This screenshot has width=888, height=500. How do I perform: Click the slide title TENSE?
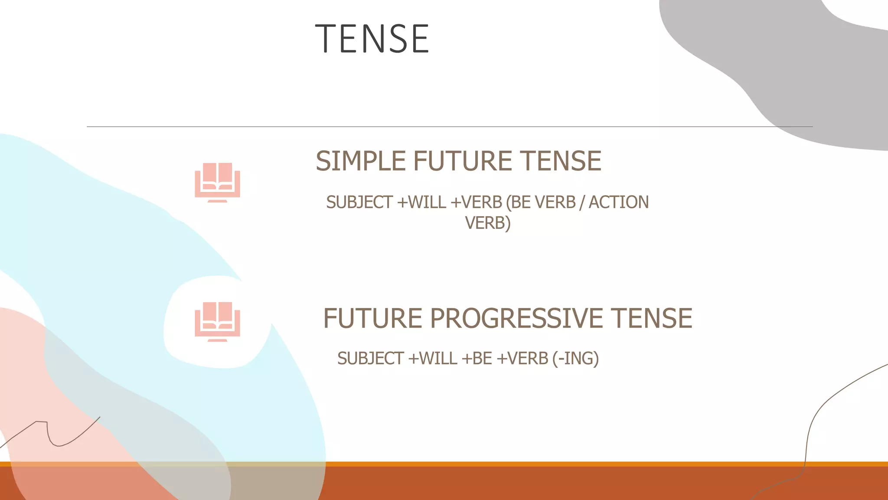coord(372,39)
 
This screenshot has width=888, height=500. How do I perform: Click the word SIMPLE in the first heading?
coord(361,161)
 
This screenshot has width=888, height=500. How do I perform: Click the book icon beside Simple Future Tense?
coord(217,182)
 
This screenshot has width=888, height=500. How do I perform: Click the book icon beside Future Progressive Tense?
coord(217,321)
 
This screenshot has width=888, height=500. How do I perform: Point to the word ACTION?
coord(618,202)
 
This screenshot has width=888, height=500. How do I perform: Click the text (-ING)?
coord(575,359)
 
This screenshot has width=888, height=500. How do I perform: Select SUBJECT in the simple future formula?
coord(359,202)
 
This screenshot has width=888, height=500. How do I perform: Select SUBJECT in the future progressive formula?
coord(371,359)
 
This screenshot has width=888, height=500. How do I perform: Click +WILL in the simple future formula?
coord(421,202)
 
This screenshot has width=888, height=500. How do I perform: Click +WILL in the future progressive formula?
coord(433,359)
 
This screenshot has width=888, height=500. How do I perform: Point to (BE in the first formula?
coord(518,202)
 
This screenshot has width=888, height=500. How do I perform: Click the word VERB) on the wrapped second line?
coord(488,223)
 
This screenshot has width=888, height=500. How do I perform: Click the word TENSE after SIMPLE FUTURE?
coord(560,161)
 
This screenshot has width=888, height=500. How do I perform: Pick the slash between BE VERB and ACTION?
coord(582,202)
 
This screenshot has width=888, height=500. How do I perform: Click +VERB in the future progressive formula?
coord(522,359)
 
